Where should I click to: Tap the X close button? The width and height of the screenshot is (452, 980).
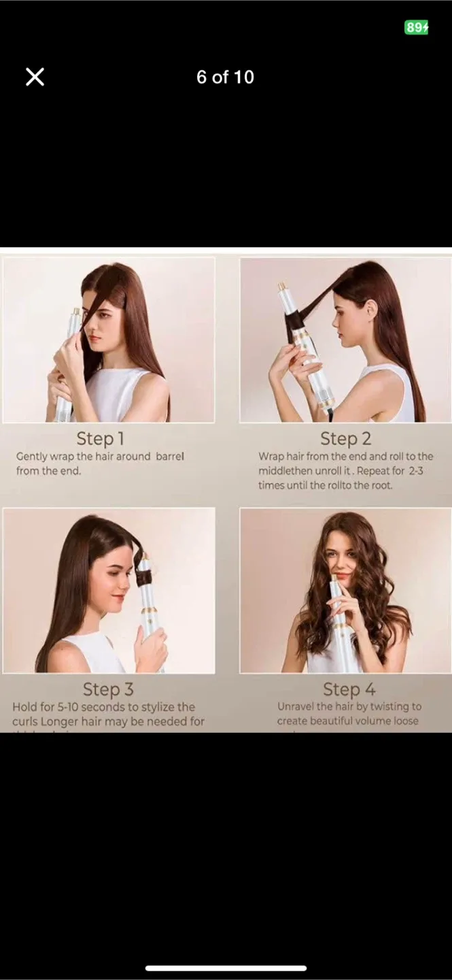35,77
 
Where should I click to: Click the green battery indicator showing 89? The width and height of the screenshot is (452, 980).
416,27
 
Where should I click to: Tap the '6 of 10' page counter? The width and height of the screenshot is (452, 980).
225,77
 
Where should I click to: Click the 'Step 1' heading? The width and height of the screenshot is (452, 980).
100,438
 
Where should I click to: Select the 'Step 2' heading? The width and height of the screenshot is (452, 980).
345,439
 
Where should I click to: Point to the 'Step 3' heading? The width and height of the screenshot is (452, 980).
108,689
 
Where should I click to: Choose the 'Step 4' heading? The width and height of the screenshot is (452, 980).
349,689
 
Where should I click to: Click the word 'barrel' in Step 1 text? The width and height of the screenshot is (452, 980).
170,457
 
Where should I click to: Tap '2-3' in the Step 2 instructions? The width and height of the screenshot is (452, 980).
416,471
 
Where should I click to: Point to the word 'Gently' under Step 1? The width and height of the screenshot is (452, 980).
31,457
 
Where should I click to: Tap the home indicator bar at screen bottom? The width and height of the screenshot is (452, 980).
226,968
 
